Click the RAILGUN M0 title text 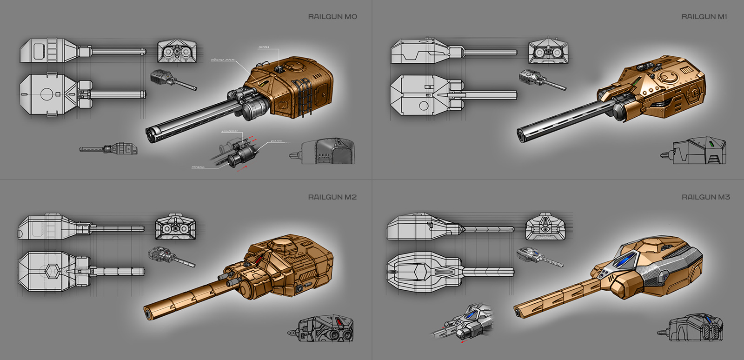coord(332,17)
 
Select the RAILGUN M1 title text coord(704,17)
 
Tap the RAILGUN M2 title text coord(332,197)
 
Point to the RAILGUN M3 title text coord(705,197)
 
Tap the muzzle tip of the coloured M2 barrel coord(148,314)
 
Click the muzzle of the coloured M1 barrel coord(521,135)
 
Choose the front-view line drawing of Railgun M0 coord(177,52)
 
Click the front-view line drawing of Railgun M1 coord(548,52)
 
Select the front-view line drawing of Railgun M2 coord(175,227)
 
